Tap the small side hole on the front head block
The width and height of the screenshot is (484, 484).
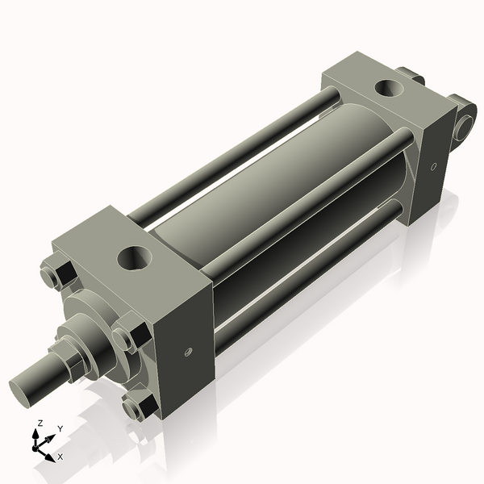click(x=187, y=351)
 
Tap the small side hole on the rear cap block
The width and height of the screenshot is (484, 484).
click(x=433, y=167)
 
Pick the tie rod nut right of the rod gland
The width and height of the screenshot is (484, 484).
click(x=129, y=336)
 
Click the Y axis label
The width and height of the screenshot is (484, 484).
click(x=60, y=428)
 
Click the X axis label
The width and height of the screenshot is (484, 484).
click(x=60, y=457)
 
